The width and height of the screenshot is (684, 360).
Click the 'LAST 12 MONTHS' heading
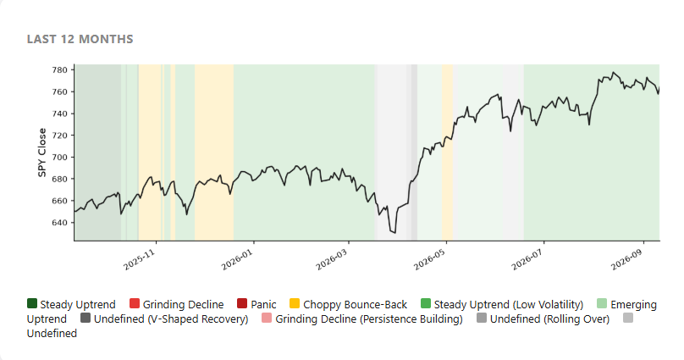tap(80, 39)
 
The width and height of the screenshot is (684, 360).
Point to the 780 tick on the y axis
tap(61, 69)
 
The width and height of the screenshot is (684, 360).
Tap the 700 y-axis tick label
tap(61, 157)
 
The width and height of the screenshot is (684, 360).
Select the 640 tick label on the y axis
tap(61, 223)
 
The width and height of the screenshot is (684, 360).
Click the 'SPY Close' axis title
tap(41, 152)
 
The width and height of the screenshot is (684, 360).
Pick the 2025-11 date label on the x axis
tap(140, 260)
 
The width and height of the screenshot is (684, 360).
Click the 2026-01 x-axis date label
tap(237, 260)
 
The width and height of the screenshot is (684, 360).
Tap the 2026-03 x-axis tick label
tap(332, 260)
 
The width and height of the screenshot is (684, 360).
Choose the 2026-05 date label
tap(430, 260)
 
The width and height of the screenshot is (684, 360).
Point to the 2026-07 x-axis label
tap(527, 260)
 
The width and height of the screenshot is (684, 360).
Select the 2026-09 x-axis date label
tap(626, 260)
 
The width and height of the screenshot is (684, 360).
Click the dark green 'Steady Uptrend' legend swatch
tap(32, 303)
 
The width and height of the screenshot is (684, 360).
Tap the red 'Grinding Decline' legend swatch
tap(135, 303)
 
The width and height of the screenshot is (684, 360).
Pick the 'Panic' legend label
tap(263, 305)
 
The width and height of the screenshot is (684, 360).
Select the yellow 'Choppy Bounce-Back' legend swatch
tap(295, 303)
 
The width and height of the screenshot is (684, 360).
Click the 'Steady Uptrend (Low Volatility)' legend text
tap(509, 305)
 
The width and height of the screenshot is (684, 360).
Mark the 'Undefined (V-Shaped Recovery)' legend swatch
tap(85, 318)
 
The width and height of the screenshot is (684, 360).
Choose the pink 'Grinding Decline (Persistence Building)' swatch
tap(267, 318)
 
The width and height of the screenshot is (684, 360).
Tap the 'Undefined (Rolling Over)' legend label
tap(549, 319)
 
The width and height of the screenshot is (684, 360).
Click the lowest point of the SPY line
tap(395, 233)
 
